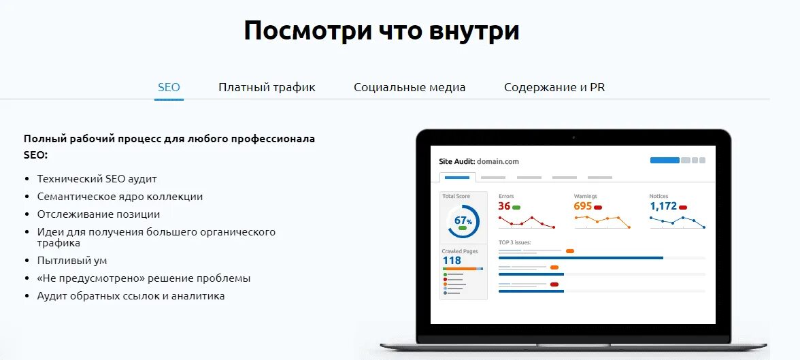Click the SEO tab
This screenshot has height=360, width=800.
[x=169, y=87]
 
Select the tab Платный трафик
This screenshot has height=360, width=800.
[x=267, y=87]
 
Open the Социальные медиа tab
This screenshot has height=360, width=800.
[x=410, y=87]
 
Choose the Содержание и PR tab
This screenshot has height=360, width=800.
[x=554, y=87]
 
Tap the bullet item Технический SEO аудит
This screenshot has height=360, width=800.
[x=97, y=179]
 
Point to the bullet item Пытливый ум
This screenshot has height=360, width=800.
[x=72, y=261]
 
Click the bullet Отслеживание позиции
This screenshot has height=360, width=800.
[x=99, y=214]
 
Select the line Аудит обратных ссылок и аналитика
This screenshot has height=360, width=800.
[x=131, y=296]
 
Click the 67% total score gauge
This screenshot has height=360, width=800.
[x=463, y=221]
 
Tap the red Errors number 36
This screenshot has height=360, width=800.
[x=504, y=206]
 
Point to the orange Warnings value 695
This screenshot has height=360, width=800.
[x=582, y=206]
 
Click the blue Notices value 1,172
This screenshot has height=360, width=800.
[x=663, y=206]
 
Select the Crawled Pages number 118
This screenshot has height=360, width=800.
[x=452, y=261]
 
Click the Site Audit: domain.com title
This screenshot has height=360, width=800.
[x=479, y=162]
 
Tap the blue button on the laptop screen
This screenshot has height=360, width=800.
[x=665, y=161]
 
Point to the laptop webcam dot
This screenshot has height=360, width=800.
[x=573, y=138]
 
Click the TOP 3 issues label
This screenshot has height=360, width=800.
[x=514, y=242]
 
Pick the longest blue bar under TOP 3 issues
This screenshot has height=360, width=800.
[x=580, y=258]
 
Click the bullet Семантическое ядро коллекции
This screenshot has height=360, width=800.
[x=120, y=197]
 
